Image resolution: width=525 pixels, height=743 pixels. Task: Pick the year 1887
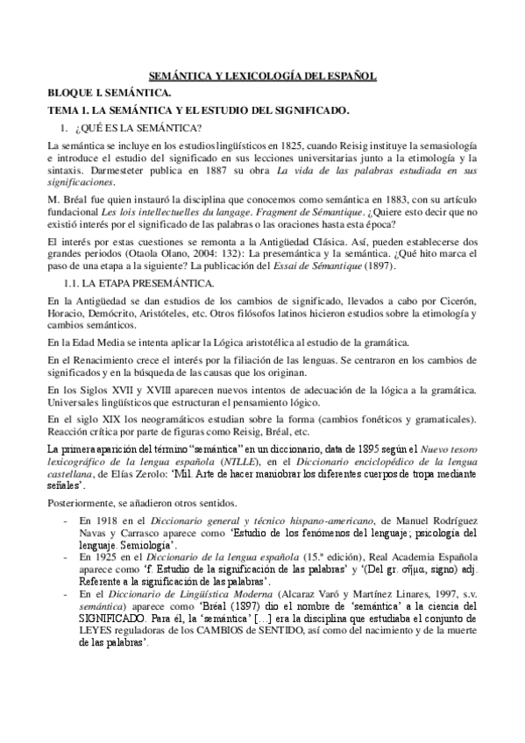(x=209, y=171)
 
